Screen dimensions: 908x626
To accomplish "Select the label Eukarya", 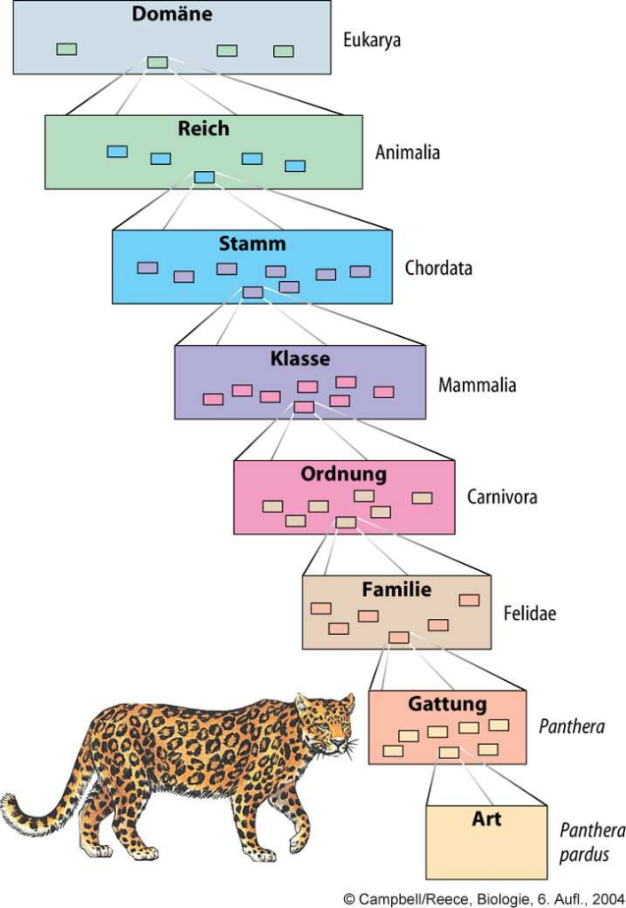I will point(372,41).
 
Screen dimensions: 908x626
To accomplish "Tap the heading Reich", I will point(203,129).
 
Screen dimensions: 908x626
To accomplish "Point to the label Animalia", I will point(407,153).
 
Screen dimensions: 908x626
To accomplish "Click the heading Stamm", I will point(252,244).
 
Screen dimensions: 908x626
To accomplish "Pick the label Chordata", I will point(438,268).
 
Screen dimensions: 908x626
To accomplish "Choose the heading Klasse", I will point(300,359).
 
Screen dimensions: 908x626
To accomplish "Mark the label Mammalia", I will point(477,386).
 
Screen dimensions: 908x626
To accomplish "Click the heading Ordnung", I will point(343,474).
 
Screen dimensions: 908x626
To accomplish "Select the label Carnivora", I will point(502,497).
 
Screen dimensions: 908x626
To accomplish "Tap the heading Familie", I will point(396,590).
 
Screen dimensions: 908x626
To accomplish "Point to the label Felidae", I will point(529,613).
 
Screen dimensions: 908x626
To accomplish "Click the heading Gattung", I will point(447,704).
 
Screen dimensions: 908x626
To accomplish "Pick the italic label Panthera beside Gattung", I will point(572,727).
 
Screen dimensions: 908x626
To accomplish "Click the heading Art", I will point(486,819).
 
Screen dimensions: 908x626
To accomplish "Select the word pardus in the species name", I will point(584,856).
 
